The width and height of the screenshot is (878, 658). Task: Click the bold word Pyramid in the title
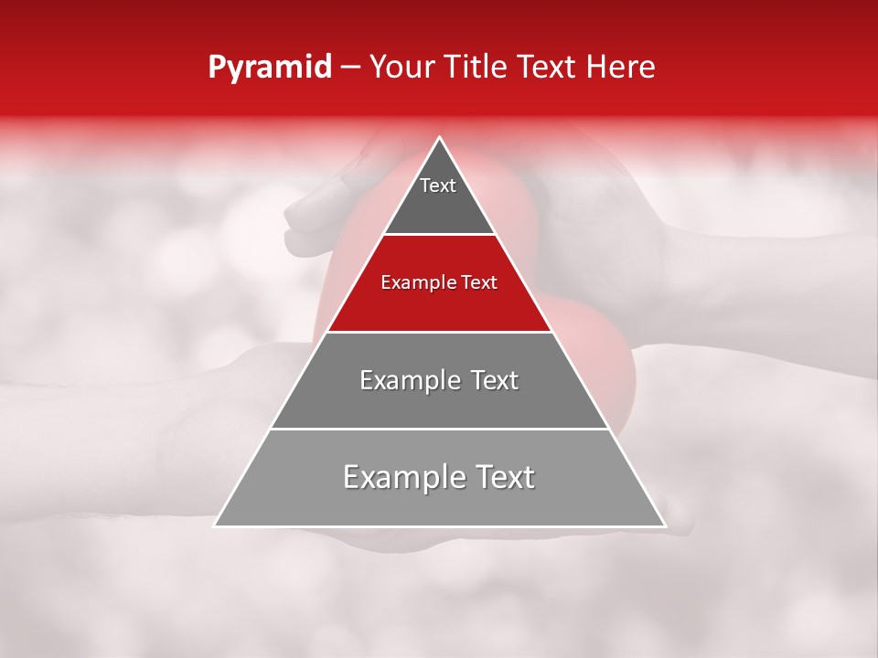pyautogui.click(x=269, y=68)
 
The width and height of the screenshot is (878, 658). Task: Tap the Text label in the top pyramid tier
pyautogui.click(x=438, y=186)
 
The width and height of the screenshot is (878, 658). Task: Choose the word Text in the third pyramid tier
pyautogui.click(x=495, y=380)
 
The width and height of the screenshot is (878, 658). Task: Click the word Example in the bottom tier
pyautogui.click(x=395, y=477)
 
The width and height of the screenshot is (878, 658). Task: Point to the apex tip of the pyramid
pyautogui.click(x=440, y=138)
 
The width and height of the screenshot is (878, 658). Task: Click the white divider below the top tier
pyautogui.click(x=440, y=234)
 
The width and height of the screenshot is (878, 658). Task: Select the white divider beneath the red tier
pyautogui.click(x=440, y=332)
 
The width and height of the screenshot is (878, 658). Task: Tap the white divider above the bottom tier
pyautogui.click(x=440, y=429)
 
